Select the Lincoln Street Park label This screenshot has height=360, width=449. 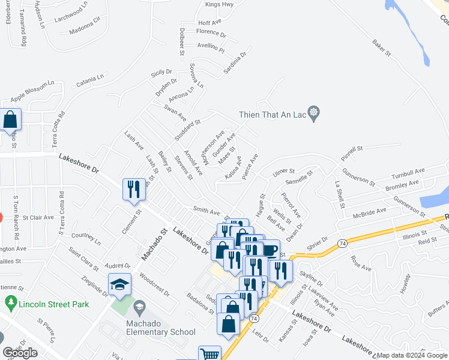[x=53, y=304]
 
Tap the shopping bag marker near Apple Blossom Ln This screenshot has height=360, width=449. [x=11, y=120]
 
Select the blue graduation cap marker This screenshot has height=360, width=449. [x=119, y=284]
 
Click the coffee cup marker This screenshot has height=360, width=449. [x=270, y=249]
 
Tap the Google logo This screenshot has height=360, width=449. [x=20, y=353]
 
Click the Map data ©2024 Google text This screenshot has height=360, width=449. [x=412, y=355]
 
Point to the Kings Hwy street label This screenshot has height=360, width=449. [x=219, y=4]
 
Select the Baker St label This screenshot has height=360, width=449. [x=381, y=48]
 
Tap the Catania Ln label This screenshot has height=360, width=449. [x=90, y=78]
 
